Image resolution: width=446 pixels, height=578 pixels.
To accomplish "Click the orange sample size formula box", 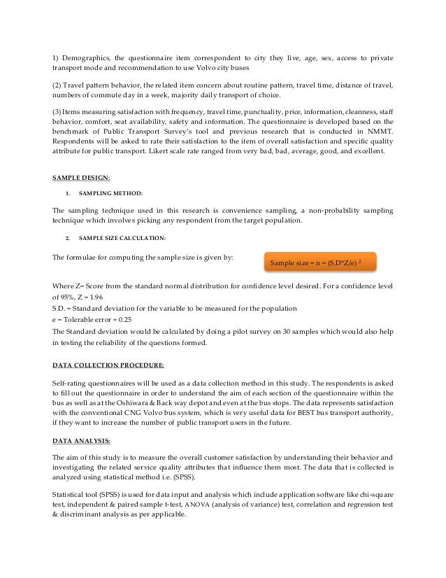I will (319, 262).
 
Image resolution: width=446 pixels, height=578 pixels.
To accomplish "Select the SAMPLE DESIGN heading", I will (82, 178).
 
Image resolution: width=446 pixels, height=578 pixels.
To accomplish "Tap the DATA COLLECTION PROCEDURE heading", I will (108, 365).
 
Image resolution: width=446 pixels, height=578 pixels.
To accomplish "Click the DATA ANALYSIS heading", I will (82, 440).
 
